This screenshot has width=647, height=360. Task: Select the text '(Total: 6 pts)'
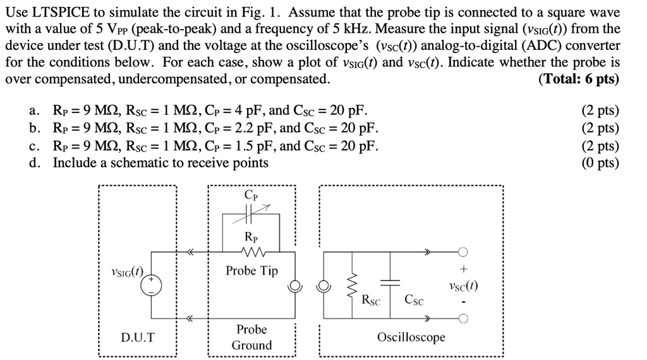pyautogui.click(x=579, y=79)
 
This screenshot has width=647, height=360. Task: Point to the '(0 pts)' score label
pyautogui.click(x=600, y=163)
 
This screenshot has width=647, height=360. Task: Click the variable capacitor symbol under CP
pyautogui.click(x=251, y=215)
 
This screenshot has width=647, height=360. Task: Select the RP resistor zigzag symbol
pyautogui.click(x=251, y=251)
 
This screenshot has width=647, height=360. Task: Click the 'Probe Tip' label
pyautogui.click(x=251, y=271)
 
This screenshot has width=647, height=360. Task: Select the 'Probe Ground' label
pyautogui.click(x=251, y=337)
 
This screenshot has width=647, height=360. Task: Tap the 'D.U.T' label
pyautogui.click(x=137, y=337)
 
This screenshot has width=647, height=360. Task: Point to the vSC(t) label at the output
pyautogui.click(x=463, y=285)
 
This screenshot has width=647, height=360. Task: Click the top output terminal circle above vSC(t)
pyautogui.click(x=463, y=252)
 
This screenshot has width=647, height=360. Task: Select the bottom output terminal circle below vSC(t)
pyautogui.click(x=463, y=318)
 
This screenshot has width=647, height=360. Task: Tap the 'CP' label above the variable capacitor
pyautogui.click(x=251, y=195)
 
